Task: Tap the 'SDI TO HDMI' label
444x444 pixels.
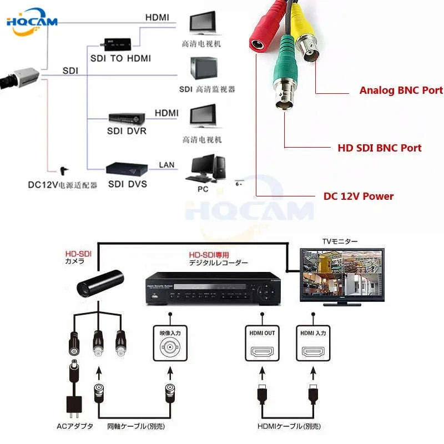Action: click(x=120, y=58)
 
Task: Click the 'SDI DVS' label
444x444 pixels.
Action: click(x=128, y=184)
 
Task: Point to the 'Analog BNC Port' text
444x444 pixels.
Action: click(x=401, y=90)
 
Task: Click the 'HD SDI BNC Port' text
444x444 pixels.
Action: click(x=379, y=148)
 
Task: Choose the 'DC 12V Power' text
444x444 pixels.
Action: click(x=359, y=196)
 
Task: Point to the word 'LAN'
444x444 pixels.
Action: click(x=167, y=165)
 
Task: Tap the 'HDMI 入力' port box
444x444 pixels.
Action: click(x=313, y=345)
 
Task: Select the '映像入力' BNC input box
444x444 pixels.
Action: click(x=170, y=345)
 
